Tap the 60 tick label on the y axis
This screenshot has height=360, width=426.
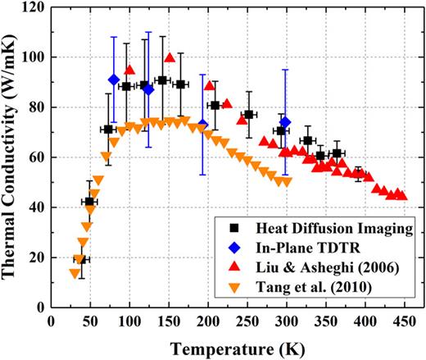35,157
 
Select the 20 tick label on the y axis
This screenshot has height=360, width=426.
35,257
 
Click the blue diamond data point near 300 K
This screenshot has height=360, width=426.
285,122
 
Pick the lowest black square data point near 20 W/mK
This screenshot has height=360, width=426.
80,259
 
